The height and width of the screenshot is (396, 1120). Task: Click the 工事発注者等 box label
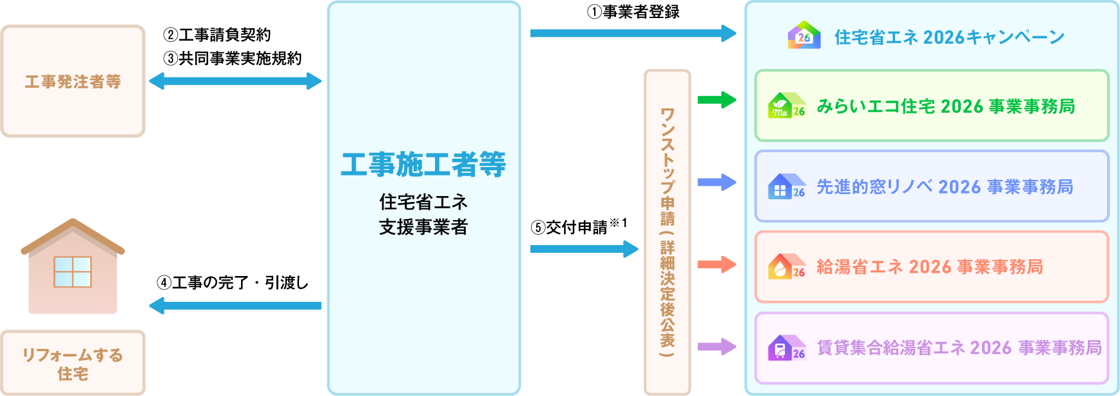73,82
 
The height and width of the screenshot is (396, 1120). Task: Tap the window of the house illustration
73,272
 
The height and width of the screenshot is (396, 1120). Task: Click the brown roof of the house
73,233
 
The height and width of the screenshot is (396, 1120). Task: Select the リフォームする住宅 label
73,364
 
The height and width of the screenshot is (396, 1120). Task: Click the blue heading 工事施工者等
423,164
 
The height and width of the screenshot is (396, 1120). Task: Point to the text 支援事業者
423,227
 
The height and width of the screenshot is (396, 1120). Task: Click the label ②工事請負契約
217,35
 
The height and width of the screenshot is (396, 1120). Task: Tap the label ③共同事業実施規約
233,58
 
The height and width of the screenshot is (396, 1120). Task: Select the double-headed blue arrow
235,81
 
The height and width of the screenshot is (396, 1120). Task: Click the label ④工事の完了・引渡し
233,282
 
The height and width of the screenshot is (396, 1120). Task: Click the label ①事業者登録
633,12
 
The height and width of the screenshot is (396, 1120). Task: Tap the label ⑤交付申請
570,227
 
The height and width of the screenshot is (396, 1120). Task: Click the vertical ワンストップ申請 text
667,232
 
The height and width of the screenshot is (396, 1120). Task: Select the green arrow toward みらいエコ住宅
717,100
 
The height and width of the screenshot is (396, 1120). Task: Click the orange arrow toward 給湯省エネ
717,264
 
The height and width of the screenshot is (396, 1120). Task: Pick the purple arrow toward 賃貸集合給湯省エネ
717,347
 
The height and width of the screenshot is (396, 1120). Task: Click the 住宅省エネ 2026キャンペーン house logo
804,35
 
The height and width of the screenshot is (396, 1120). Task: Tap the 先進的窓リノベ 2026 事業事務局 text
945,187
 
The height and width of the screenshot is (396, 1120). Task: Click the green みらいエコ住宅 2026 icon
786,106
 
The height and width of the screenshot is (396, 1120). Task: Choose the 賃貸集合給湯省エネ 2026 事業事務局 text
959,348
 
